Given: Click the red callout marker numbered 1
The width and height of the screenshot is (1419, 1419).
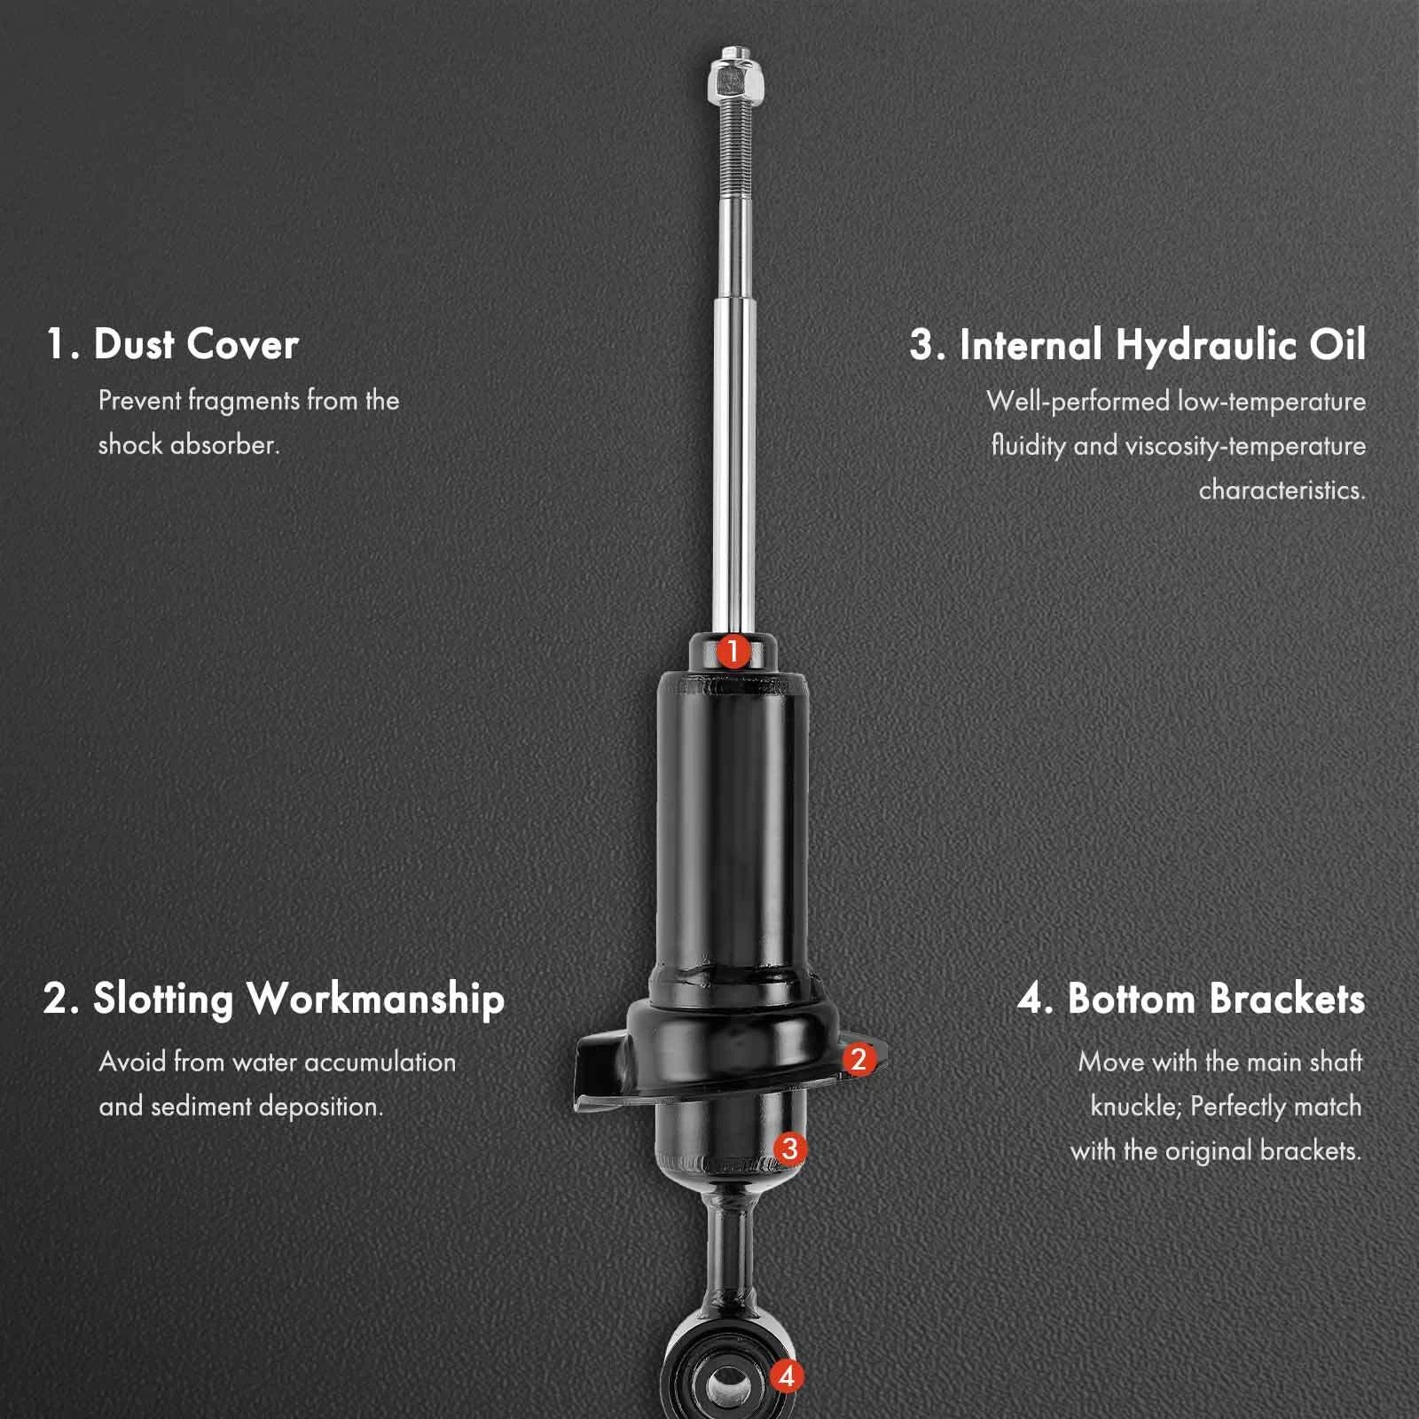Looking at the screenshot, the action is coord(733,652).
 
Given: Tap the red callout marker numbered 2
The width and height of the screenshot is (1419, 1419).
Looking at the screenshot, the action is coord(858,1059).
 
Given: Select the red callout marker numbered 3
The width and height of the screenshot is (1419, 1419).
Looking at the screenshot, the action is coord(789,1149).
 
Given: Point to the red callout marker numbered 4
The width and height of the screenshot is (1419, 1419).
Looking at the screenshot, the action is coord(786,1376).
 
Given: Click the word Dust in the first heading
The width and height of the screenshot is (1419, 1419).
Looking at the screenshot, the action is coord(133,344).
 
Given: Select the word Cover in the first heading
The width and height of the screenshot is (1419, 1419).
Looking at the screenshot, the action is coord(243,344).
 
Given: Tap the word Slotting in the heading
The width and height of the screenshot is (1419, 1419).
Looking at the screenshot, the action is coord(163,998).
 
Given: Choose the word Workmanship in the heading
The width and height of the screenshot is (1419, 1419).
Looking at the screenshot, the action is coord(375,999).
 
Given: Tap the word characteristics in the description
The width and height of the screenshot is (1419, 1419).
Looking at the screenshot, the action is coord(1281,490).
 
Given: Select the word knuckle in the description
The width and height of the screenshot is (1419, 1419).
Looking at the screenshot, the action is coord(1136,1106).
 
